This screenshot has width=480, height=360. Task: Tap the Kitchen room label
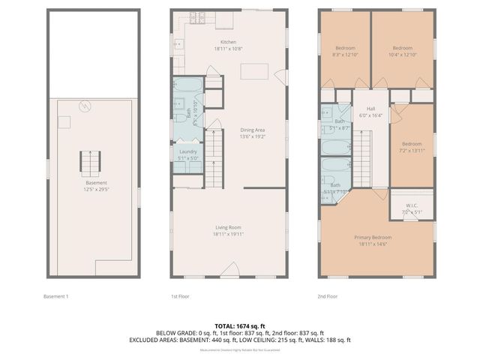click(228, 42)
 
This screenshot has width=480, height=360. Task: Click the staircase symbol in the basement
click(91, 162)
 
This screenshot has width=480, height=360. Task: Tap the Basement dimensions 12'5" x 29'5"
click(96, 190)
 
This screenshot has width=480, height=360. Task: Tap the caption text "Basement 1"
click(55, 296)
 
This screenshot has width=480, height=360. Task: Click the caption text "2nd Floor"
click(328, 296)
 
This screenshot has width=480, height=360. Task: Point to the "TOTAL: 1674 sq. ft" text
click(239, 325)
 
